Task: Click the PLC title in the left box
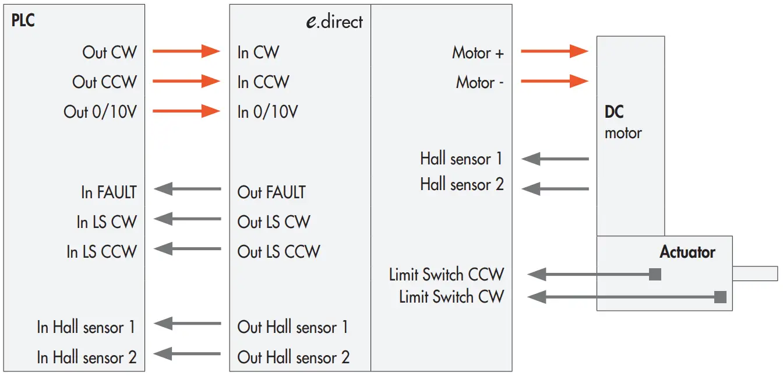pyautogui.click(x=23, y=22)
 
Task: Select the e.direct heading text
pyautogui.click(x=334, y=22)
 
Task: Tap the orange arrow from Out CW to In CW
pyautogui.click(x=186, y=52)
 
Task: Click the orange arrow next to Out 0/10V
pyautogui.click(x=186, y=111)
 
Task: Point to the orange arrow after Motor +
pyautogui.click(x=554, y=52)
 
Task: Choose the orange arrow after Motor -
pyautogui.click(x=554, y=81)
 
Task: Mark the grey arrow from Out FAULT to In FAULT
pyautogui.click(x=187, y=188)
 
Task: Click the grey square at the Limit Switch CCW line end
pyautogui.click(x=655, y=274)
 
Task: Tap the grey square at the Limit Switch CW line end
pyautogui.click(x=720, y=297)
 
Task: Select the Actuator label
pyautogui.click(x=687, y=252)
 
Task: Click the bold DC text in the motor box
pyautogui.click(x=614, y=113)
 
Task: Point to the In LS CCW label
pyautogui.click(x=101, y=252)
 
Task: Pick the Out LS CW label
pyautogui.click(x=274, y=222)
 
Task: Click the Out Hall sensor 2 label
pyautogui.click(x=293, y=357)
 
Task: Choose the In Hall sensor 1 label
pyautogui.click(x=86, y=327)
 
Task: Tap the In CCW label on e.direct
pyautogui.click(x=263, y=82)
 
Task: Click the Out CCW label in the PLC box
pyautogui.click(x=104, y=82)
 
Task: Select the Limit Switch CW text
pyautogui.click(x=451, y=297)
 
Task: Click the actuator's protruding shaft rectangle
pyautogui.click(x=754, y=273)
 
